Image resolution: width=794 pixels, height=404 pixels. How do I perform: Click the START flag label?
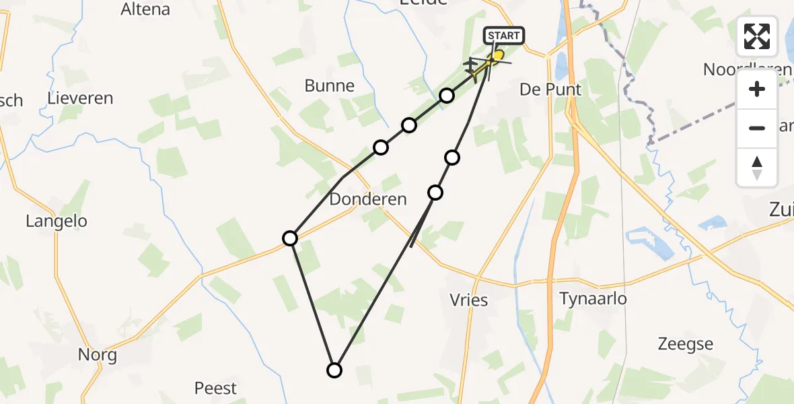[503, 36]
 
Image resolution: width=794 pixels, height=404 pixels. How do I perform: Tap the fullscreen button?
[757, 36]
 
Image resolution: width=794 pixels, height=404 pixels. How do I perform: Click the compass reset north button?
[757, 168]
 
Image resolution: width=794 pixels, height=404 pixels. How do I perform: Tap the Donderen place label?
[368, 199]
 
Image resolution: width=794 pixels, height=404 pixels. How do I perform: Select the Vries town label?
[468, 300]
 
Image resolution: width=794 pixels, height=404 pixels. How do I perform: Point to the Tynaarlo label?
[593, 298]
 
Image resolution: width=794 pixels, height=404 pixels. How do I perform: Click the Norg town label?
[98, 355]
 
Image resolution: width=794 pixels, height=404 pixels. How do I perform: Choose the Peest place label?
[215, 389]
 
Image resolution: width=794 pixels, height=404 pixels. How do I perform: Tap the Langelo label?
[57, 221]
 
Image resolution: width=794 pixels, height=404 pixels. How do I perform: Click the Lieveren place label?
[80, 98]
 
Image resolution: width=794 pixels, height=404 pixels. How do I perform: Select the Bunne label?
[329, 86]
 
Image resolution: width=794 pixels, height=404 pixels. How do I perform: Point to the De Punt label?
[550, 90]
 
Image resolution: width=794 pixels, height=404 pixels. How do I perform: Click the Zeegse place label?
[686, 345]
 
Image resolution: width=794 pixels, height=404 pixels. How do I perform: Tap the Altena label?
[145, 9]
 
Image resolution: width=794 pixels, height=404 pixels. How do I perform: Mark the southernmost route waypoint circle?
[334, 370]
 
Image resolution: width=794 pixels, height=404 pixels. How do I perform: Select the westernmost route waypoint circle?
[290, 238]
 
